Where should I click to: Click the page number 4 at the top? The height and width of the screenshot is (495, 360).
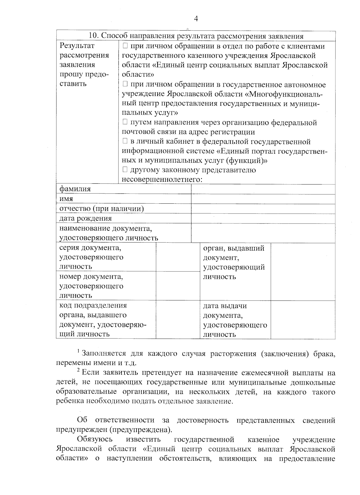[196, 19]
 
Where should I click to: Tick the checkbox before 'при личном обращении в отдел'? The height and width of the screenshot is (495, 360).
[125, 46]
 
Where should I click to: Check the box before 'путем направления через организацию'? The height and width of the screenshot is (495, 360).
[125, 122]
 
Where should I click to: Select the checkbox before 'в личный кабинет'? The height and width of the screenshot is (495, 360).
[125, 141]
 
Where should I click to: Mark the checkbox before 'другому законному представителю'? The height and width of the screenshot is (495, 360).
[125, 170]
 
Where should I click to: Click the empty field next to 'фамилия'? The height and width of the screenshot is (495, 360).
[263, 189]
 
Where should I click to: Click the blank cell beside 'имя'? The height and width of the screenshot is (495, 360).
[263, 199]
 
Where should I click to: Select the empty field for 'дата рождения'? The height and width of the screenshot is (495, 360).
[263, 218]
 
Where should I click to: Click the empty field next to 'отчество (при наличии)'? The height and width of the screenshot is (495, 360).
[263, 209]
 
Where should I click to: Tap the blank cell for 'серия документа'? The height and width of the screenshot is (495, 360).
[178, 257]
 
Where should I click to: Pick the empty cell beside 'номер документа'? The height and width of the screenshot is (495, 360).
[178, 286]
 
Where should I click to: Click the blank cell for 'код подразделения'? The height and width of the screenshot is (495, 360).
[178, 320]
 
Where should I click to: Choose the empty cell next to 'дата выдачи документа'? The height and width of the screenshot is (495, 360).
[303, 320]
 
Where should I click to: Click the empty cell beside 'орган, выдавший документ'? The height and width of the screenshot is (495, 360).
[303, 271]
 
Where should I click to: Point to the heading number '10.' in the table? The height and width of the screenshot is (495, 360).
[94, 36]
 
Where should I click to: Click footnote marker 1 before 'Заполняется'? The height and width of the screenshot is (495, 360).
[79, 351]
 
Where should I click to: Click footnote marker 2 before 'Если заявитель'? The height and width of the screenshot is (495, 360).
[79, 370]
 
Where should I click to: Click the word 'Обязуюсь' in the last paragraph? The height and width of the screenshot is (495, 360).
[95, 439]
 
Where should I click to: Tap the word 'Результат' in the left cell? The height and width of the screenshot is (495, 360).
[77, 46]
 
